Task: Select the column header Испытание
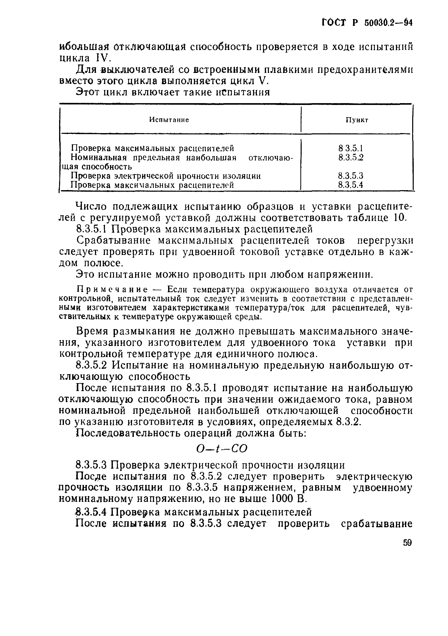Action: [169, 120]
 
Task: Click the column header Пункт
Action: [357, 120]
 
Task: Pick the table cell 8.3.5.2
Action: [351, 157]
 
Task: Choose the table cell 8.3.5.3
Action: [351, 176]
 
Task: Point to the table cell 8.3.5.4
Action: [351, 185]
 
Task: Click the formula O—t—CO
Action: [221, 449]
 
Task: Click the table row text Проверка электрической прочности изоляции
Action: [166, 176]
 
